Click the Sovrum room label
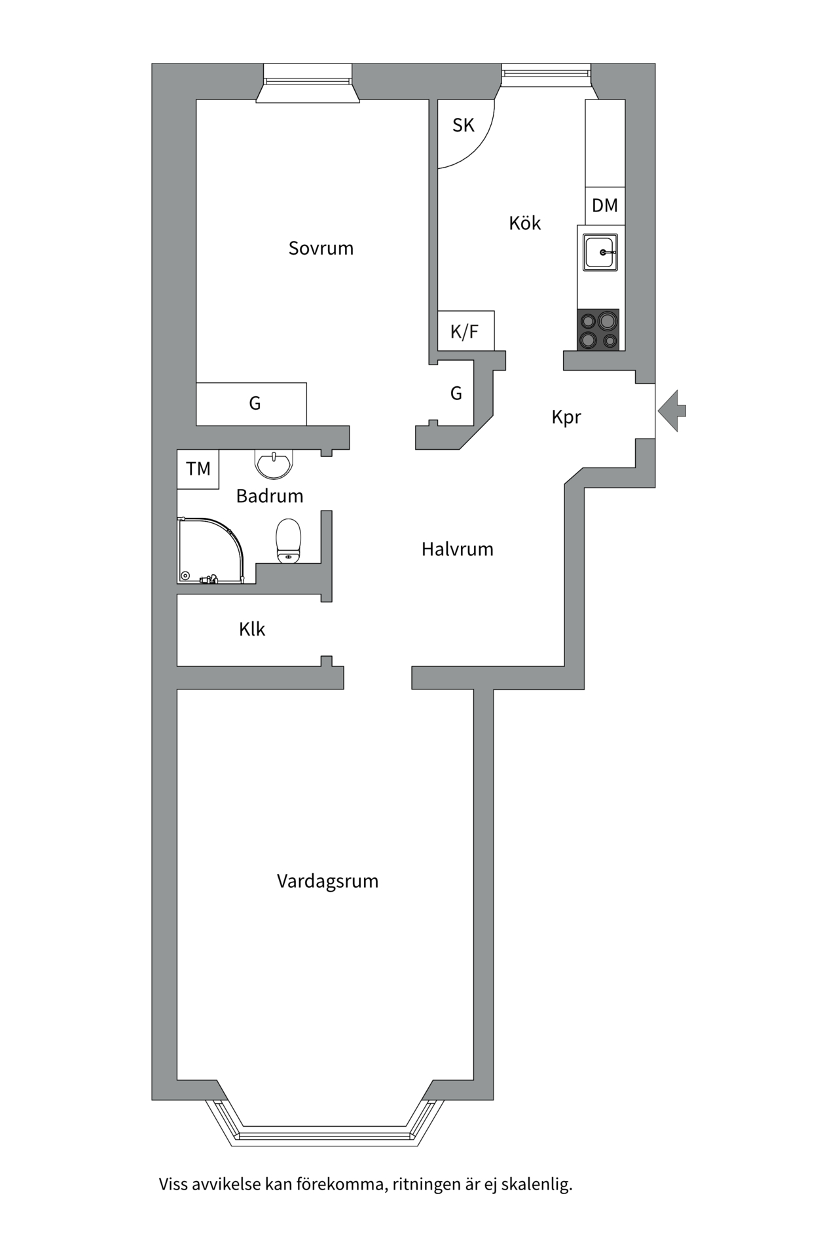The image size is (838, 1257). click(x=321, y=248)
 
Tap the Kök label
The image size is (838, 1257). click(x=524, y=223)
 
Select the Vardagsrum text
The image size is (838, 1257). click(x=327, y=881)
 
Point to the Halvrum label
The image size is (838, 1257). click(x=457, y=549)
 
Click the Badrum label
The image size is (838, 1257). click(x=269, y=496)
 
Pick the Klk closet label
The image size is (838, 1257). click(x=252, y=630)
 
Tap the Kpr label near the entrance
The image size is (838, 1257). click(x=566, y=417)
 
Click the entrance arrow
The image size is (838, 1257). click(x=672, y=410)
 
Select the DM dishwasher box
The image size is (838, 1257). click(x=605, y=206)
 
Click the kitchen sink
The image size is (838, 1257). click(x=601, y=252)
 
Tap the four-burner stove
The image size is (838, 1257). click(x=598, y=330)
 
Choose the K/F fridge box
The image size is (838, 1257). click(x=465, y=331)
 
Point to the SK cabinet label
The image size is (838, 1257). click(x=463, y=125)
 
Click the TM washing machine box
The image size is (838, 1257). click(x=198, y=469)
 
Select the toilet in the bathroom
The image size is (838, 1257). click(x=288, y=541)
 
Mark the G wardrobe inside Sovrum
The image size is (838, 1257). click(x=254, y=404)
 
